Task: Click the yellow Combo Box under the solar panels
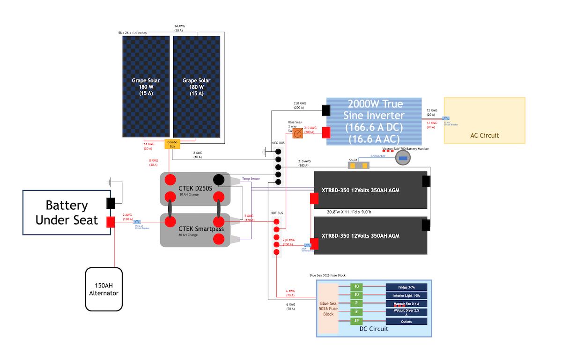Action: tap(172, 144)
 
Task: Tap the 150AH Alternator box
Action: tap(104, 289)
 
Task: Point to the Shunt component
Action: tap(359, 165)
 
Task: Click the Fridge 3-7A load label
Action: tap(407, 287)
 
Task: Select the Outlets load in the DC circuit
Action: tap(407, 322)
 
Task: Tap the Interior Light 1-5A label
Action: tap(407, 295)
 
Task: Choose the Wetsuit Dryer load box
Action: tap(407, 312)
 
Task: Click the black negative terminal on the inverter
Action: tap(326, 110)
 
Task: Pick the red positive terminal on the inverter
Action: tap(326, 133)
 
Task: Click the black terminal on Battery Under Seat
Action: tap(111, 203)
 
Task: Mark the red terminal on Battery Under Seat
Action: tap(111, 222)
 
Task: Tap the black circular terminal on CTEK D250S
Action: tap(219, 180)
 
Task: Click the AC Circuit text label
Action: tap(484, 135)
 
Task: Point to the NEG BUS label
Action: tap(278, 142)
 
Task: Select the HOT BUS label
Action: tap(277, 213)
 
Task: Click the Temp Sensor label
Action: tap(251, 178)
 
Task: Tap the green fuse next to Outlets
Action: tap(357, 321)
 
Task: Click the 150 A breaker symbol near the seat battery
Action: tap(137, 222)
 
